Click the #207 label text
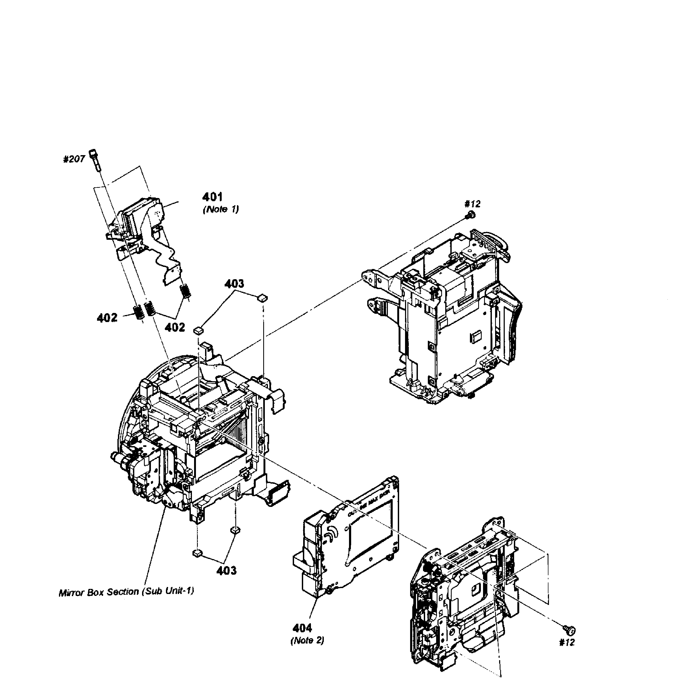click(74, 159)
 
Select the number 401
click(212, 197)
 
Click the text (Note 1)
click(221, 209)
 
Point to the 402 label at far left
click(107, 317)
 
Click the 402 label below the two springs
click(175, 327)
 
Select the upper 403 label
click(234, 283)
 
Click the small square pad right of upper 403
click(263, 297)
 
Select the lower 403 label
click(226, 570)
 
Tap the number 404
click(302, 628)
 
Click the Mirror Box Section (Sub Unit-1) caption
click(126, 592)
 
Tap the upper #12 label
click(472, 204)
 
